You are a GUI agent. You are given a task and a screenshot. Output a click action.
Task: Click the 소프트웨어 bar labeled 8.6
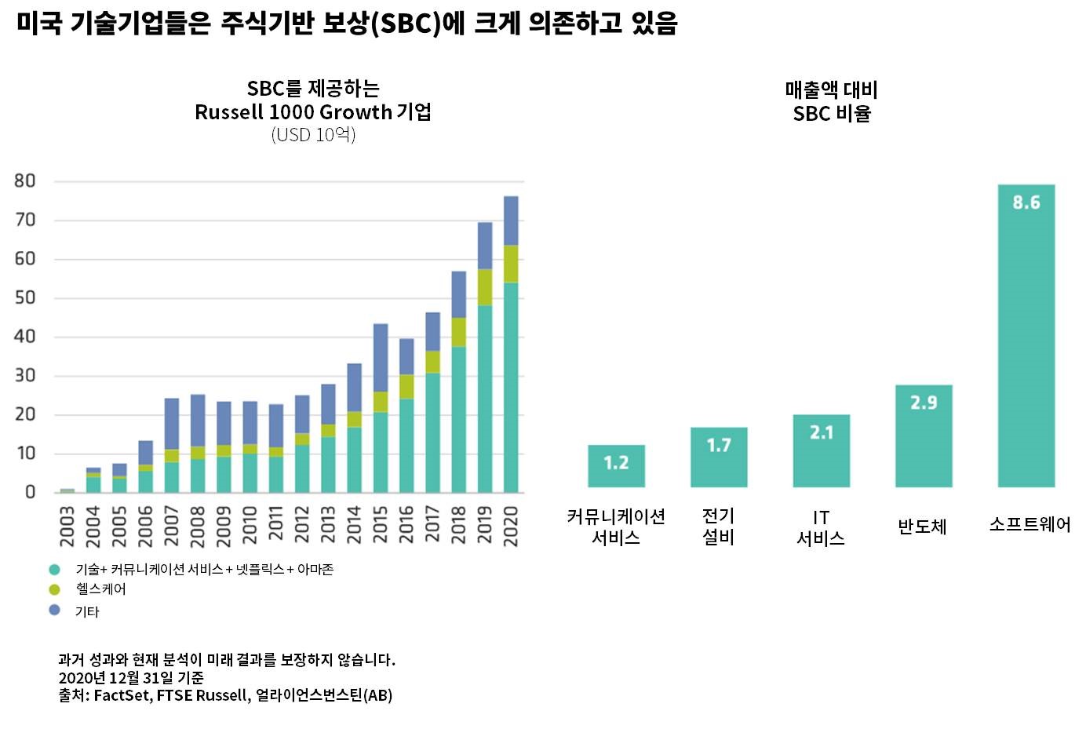[1026, 337]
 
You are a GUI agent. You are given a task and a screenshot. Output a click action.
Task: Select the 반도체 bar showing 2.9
[924, 436]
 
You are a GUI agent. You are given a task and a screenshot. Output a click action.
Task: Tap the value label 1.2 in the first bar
[616, 463]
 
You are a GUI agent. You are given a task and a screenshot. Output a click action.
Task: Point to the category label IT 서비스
[821, 527]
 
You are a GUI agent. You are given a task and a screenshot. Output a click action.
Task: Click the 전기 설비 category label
[718, 527]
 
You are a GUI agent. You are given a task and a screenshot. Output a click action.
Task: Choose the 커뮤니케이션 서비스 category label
[616, 527]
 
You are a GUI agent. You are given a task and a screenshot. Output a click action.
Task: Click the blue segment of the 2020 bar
[511, 221]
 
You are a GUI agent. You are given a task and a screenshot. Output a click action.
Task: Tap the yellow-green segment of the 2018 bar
[459, 332]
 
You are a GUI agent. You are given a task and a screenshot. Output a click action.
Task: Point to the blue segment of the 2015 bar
[381, 358]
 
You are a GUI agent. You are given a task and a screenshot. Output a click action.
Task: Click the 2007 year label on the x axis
[172, 525]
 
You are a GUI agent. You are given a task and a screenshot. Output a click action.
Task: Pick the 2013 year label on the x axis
[328, 525]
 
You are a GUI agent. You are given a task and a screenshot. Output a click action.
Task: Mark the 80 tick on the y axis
[25, 181]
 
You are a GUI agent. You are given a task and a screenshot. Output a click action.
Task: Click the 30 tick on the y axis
[25, 376]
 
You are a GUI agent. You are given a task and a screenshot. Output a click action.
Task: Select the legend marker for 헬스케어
[55, 589]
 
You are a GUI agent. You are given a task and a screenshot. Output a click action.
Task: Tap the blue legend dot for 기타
[55, 610]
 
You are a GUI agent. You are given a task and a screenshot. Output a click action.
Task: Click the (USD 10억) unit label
[313, 135]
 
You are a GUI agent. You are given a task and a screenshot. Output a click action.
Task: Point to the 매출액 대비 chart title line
[831, 89]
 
